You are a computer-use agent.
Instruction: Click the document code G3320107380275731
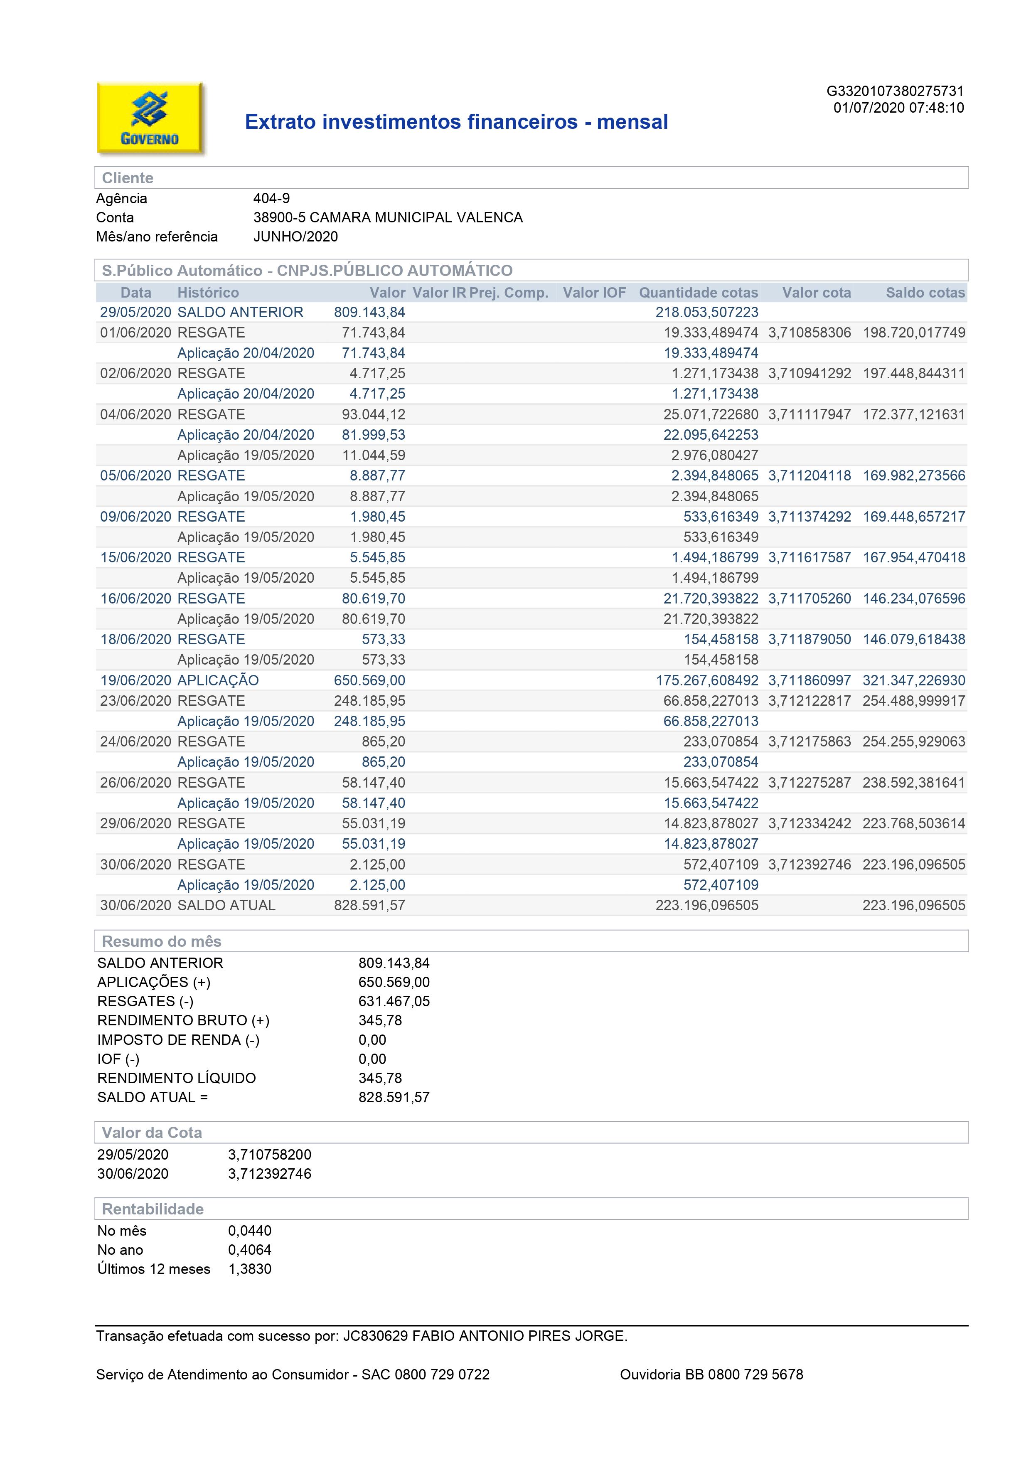[x=895, y=91]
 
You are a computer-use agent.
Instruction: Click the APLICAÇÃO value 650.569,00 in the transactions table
[x=369, y=680]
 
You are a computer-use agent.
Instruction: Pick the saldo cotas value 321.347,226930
[x=913, y=680]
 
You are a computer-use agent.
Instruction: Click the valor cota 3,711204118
[x=810, y=475]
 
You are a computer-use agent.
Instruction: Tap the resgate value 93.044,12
[x=373, y=415]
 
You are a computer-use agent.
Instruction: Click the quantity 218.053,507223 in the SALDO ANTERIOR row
[x=706, y=313]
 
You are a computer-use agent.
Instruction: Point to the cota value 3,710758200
[x=269, y=1155]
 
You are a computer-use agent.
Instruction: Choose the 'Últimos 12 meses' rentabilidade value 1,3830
[x=249, y=1269]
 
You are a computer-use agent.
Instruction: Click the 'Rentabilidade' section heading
[x=153, y=1209]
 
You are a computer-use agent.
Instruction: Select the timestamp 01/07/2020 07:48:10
[x=898, y=108]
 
